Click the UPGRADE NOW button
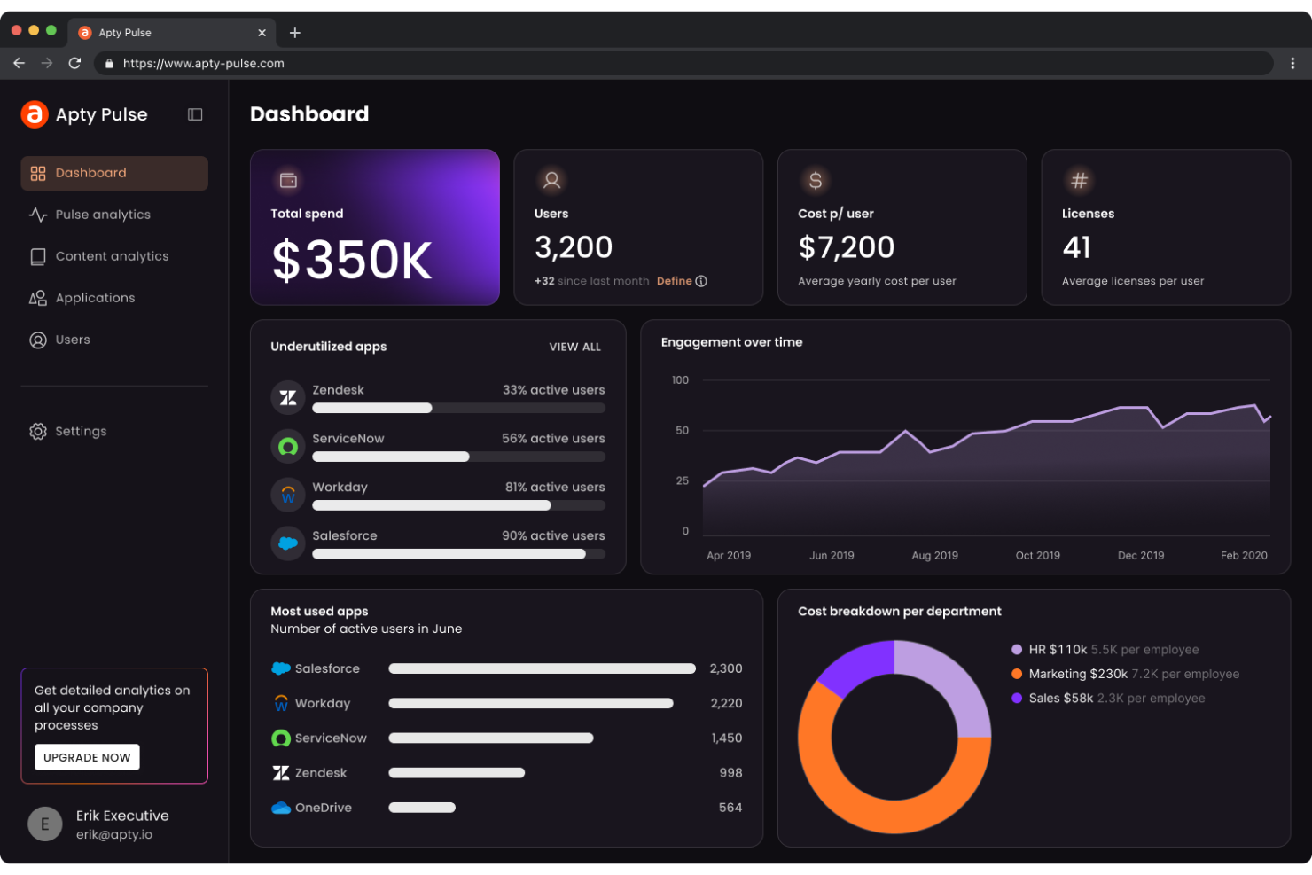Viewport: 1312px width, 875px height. (x=87, y=757)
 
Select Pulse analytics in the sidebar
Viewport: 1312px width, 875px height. (x=102, y=215)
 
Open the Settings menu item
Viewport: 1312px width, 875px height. (x=80, y=432)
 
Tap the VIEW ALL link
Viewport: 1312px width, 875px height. (x=574, y=347)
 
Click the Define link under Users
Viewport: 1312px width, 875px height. (x=675, y=281)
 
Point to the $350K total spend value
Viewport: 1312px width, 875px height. (x=352, y=261)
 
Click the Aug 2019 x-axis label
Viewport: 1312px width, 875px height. (x=934, y=556)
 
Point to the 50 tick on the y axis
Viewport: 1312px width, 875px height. (x=682, y=431)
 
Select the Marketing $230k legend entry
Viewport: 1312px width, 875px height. (x=1078, y=674)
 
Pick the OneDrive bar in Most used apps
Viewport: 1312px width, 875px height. (x=422, y=808)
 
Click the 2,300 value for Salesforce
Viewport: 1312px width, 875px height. (x=725, y=668)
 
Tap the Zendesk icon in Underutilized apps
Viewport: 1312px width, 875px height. (x=288, y=398)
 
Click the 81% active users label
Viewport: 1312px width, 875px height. (x=555, y=488)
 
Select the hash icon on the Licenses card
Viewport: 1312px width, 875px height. (x=1079, y=181)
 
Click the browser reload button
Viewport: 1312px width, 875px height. (x=74, y=64)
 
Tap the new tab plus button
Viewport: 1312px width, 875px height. (x=295, y=33)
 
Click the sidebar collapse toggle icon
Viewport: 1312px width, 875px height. (x=195, y=114)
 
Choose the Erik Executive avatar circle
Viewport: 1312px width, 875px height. (x=45, y=824)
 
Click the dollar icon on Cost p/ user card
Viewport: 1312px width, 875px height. (x=816, y=181)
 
